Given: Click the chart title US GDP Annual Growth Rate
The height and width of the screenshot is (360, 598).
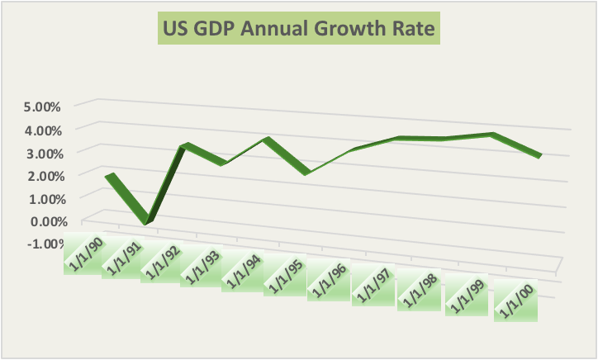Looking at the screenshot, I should tap(297, 31).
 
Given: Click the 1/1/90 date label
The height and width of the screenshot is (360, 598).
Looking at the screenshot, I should tap(84, 253).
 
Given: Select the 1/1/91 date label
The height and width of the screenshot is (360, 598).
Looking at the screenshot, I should tap(124, 259).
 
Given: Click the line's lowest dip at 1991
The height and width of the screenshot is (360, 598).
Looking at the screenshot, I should tap(145, 220).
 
